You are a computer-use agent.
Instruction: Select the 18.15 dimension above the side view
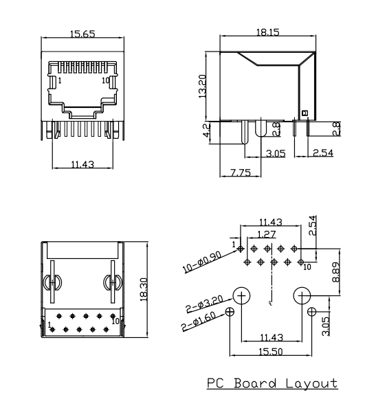click(267, 32)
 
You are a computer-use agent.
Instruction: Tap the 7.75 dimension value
click(240, 172)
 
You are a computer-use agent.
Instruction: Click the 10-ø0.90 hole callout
click(203, 262)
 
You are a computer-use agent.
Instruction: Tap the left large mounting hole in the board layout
click(242, 296)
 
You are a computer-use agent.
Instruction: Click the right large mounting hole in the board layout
click(302, 296)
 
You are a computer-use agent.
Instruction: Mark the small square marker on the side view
click(305, 113)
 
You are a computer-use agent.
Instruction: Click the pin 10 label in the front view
click(105, 80)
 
